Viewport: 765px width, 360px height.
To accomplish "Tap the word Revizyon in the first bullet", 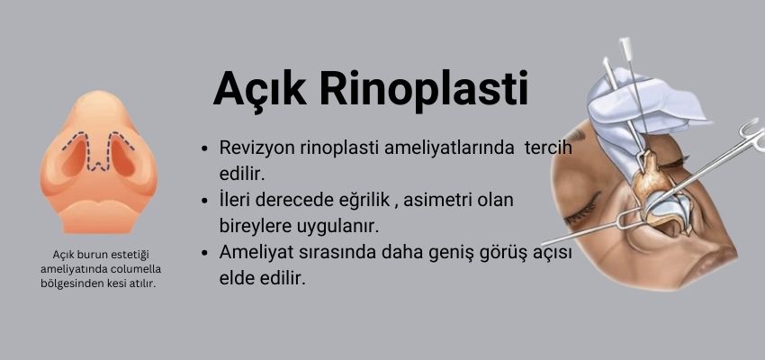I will (x=262, y=148).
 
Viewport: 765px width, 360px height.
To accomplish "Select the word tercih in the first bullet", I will (x=544, y=148).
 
